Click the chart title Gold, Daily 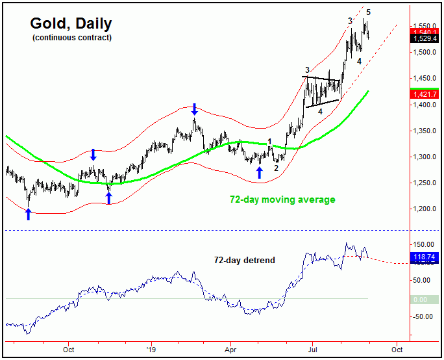(71, 24)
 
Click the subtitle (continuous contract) (71, 38)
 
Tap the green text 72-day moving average (282, 199)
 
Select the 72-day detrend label (244, 260)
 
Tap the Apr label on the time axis (231, 349)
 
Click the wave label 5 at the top (368, 12)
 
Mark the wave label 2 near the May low (276, 168)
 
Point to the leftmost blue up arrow (28, 214)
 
